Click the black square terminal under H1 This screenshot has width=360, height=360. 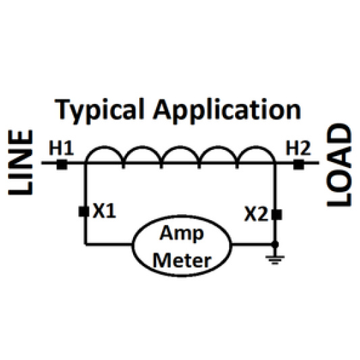tap(61, 163)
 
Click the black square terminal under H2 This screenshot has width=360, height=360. tap(299, 163)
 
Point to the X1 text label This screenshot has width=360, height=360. tap(105, 211)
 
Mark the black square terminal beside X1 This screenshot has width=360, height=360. tap(84, 211)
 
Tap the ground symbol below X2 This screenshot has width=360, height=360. tap(274, 259)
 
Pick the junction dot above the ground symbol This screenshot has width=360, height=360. tap(274, 243)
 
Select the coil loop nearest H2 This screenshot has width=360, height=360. tap(257, 155)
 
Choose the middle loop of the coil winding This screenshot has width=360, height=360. tap(180, 155)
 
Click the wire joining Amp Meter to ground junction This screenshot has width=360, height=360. tap(253, 243)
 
